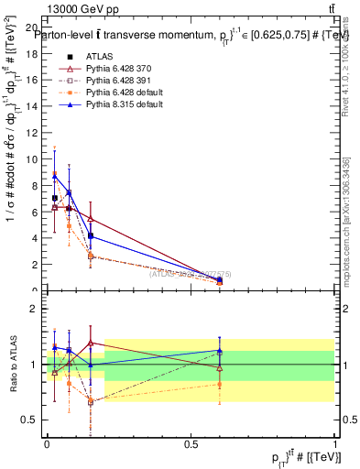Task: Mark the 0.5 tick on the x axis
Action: [191, 443]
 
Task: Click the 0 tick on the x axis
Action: [47, 443]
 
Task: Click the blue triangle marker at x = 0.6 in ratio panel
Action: [219, 350]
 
